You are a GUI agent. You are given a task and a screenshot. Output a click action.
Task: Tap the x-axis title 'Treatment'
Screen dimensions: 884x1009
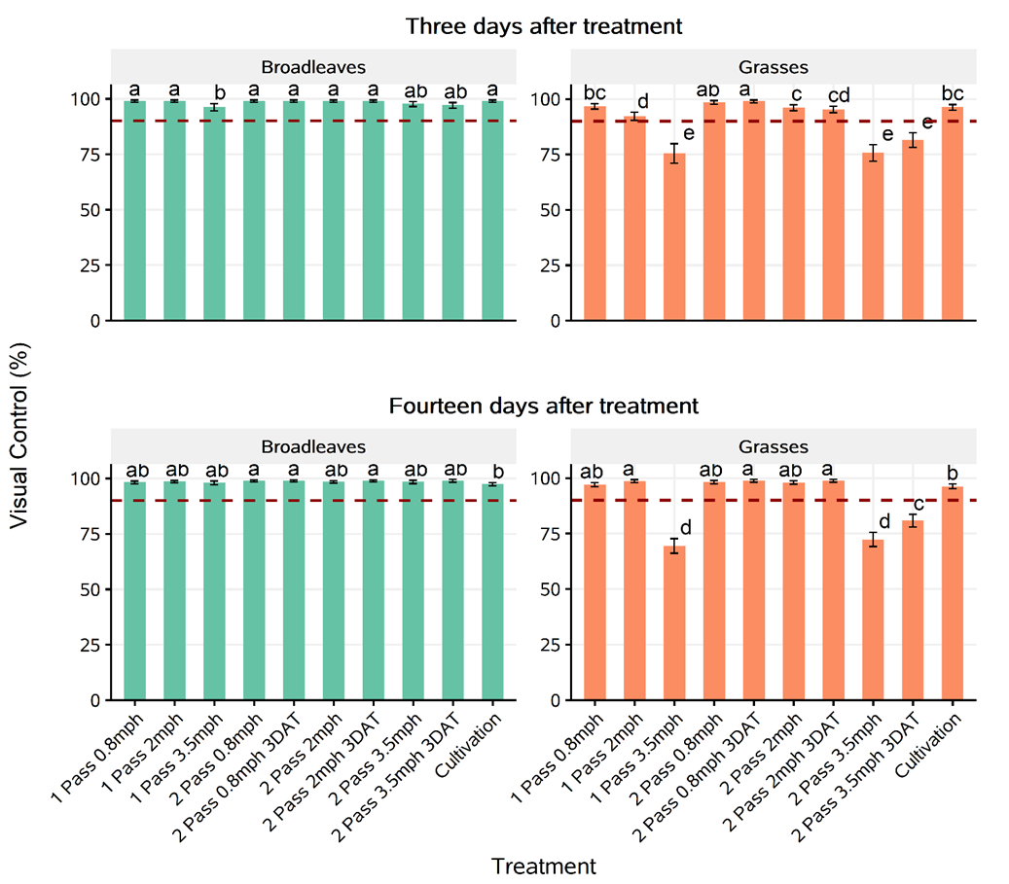pyautogui.click(x=543, y=865)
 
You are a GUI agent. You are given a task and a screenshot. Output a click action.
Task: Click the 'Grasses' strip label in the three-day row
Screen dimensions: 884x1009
pyautogui.click(x=773, y=67)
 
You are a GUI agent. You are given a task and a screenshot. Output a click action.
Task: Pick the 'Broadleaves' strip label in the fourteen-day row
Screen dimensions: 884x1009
pyautogui.click(x=313, y=446)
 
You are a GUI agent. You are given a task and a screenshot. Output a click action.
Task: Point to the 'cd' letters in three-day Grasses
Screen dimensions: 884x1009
pyautogui.click(x=839, y=94)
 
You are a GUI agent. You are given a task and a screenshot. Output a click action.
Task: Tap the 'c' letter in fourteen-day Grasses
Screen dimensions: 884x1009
pyautogui.click(x=917, y=504)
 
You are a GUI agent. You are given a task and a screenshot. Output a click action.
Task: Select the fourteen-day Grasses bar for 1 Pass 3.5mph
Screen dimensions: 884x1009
pyautogui.click(x=673, y=622)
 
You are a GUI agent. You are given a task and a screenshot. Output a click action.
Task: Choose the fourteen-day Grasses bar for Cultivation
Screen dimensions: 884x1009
pyautogui.click(x=953, y=592)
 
